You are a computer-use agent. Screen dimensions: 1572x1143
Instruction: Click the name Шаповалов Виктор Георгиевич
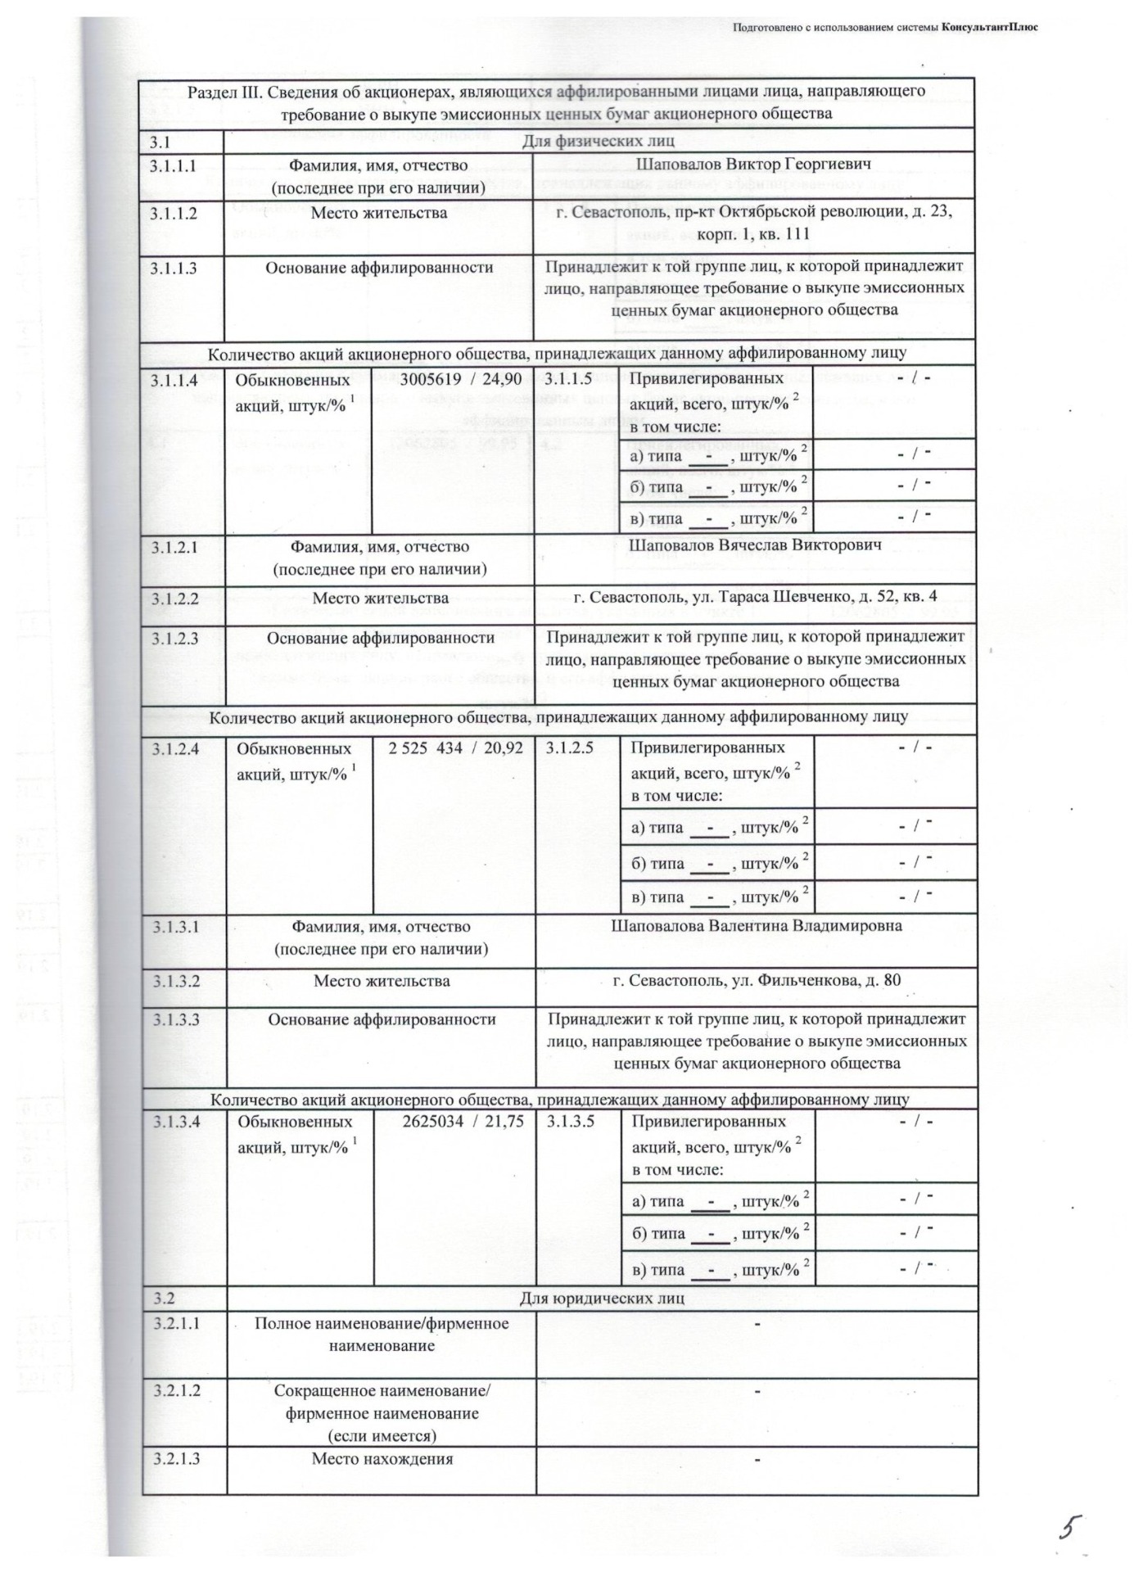[x=753, y=165]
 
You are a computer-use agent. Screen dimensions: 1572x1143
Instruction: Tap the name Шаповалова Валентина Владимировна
[x=757, y=926]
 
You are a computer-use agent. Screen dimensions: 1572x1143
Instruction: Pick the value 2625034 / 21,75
[x=463, y=1122]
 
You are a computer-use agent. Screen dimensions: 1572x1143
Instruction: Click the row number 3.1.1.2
[x=174, y=213]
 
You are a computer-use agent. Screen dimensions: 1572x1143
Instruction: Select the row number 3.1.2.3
[x=174, y=638]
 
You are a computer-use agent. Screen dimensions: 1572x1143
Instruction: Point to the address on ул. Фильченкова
[x=757, y=979]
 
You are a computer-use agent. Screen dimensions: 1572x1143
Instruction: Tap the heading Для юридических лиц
[x=602, y=1299]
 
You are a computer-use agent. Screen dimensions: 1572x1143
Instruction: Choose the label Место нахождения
[x=382, y=1458]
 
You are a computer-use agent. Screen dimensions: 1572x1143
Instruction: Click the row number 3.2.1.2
[x=176, y=1390]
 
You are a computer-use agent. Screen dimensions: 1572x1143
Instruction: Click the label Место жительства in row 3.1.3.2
[x=382, y=980]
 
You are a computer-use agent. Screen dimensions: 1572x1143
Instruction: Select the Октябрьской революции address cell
[x=753, y=223]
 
